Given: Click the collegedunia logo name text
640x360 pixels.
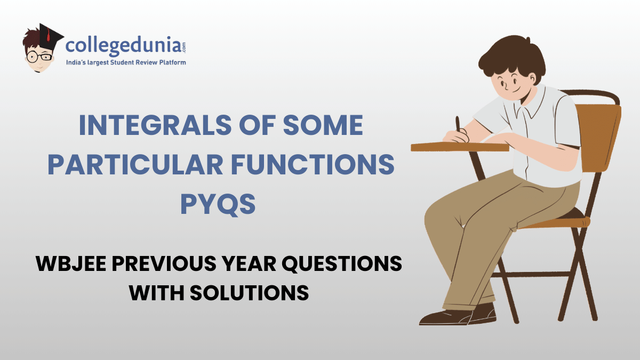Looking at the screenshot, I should click(125, 46).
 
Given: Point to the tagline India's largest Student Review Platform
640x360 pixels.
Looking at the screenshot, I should click(125, 63).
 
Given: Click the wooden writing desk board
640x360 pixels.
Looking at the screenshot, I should click(459, 146).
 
